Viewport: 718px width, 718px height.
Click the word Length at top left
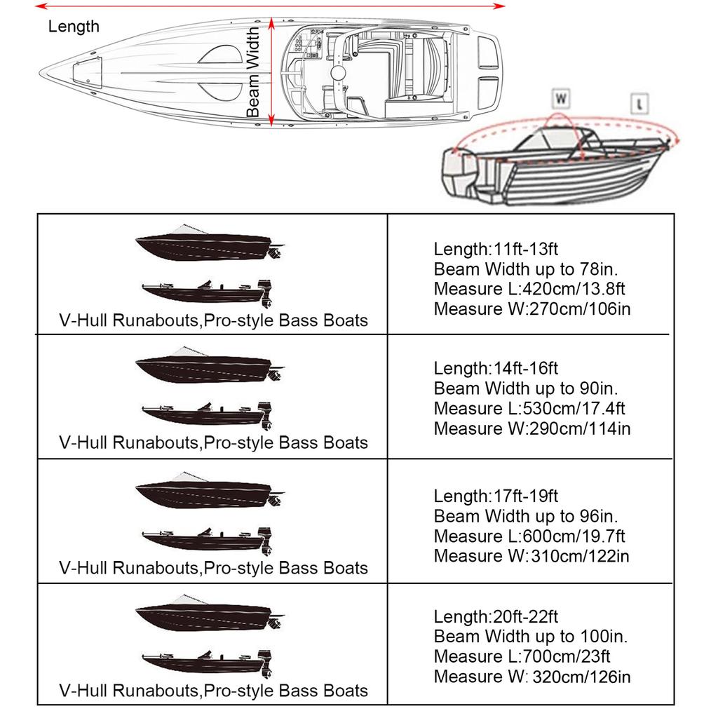click(x=74, y=27)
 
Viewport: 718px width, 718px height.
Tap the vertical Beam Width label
click(x=253, y=73)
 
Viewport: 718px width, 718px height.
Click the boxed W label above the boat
click(x=561, y=98)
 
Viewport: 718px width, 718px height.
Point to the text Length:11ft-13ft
click(x=496, y=249)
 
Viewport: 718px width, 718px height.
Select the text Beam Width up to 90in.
click(x=526, y=388)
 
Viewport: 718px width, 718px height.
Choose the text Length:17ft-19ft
click(x=496, y=496)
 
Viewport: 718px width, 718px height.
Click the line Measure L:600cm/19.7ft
click(x=529, y=536)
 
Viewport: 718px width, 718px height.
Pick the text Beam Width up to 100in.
click(x=531, y=637)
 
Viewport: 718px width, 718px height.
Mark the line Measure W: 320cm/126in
click(x=532, y=677)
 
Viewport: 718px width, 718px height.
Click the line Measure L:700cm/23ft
click(x=522, y=656)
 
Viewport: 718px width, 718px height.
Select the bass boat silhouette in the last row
click(x=207, y=659)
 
